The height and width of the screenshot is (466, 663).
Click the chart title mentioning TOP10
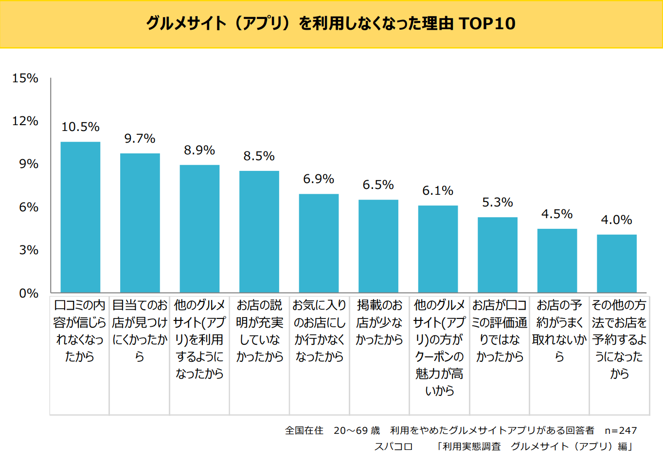[331, 23]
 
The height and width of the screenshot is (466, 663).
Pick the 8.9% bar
[199, 228]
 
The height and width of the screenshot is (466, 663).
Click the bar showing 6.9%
[319, 243]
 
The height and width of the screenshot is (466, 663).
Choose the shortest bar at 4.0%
[617, 263]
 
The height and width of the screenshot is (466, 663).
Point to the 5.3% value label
[497, 202]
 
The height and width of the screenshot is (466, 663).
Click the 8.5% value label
[259, 156]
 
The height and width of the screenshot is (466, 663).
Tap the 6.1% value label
[438, 190]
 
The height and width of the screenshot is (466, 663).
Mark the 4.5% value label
[557, 214]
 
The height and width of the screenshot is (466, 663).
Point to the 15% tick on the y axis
[25, 78]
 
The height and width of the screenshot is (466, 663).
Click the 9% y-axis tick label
[29, 164]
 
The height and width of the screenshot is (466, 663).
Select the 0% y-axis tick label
[29, 293]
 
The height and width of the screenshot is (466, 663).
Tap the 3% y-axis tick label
[29, 250]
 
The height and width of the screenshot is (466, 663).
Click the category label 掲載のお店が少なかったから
[379, 322]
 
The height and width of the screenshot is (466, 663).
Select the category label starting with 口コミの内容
[80, 331]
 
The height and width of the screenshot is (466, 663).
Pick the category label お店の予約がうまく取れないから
[559, 331]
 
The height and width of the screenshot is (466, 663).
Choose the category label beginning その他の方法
[619, 339]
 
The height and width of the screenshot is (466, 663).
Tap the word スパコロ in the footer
[393, 447]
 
